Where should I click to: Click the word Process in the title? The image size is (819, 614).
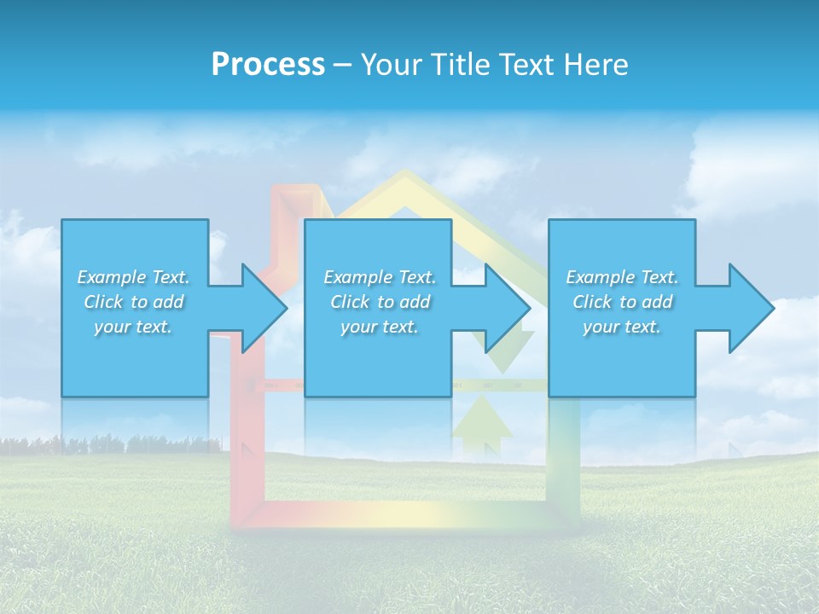point(268,65)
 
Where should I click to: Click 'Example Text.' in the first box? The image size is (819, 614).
point(133,277)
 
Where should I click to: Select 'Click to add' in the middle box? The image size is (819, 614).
point(380,302)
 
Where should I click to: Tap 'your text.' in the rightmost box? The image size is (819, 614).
point(622,327)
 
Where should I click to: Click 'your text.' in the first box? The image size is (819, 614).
point(133,327)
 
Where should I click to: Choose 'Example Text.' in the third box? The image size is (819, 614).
point(622,277)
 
